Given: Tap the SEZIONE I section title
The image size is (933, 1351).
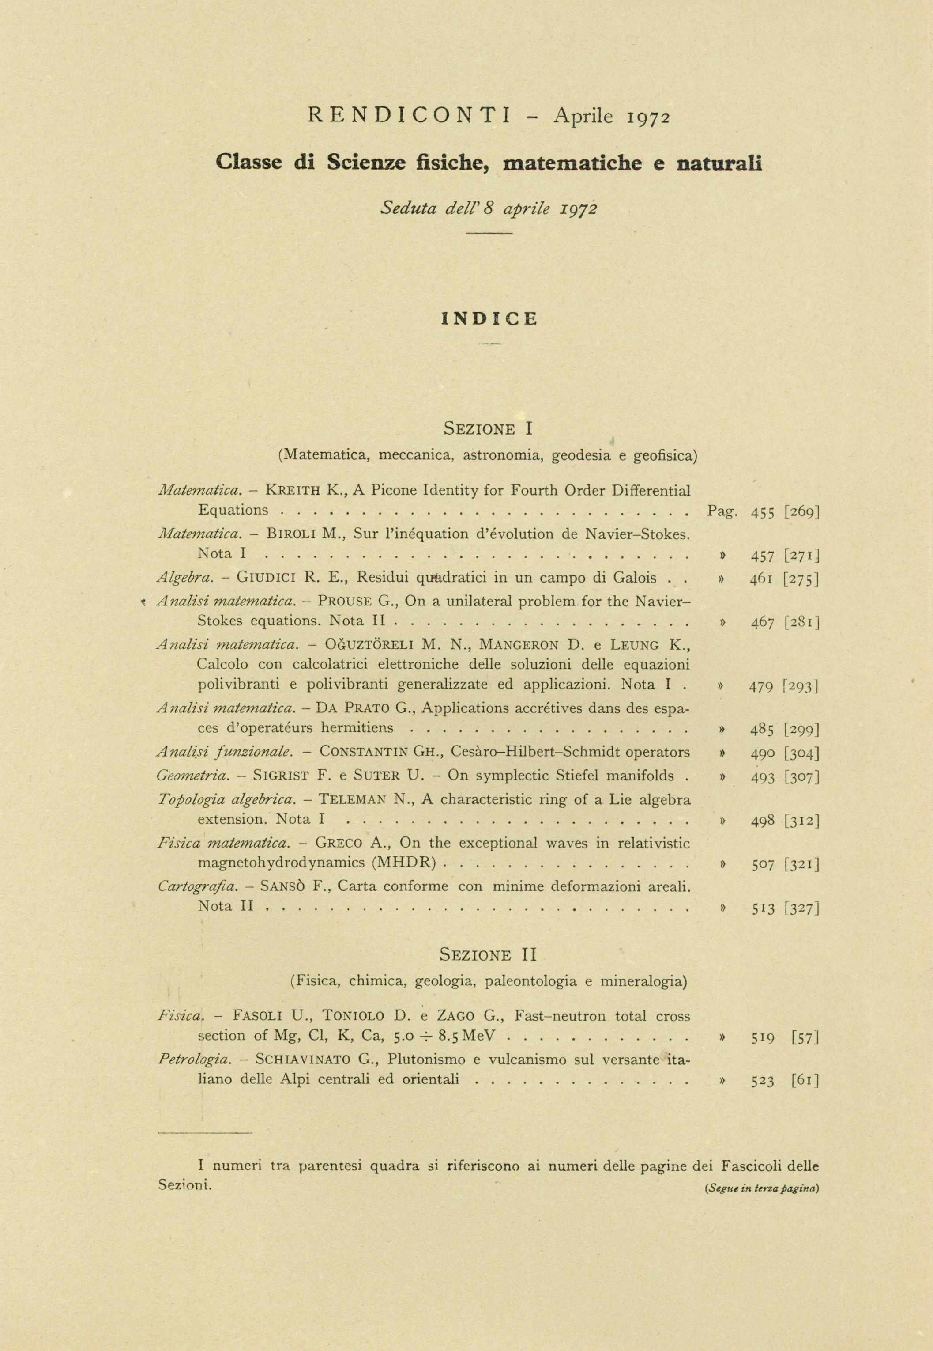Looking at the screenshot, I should pyautogui.click(x=489, y=429).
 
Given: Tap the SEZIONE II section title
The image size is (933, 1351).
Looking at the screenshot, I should pyautogui.click(x=488, y=955).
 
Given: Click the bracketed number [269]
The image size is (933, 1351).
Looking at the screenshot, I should pyautogui.click(x=802, y=512).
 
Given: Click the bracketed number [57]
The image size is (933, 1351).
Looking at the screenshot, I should pyautogui.click(x=805, y=1038).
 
